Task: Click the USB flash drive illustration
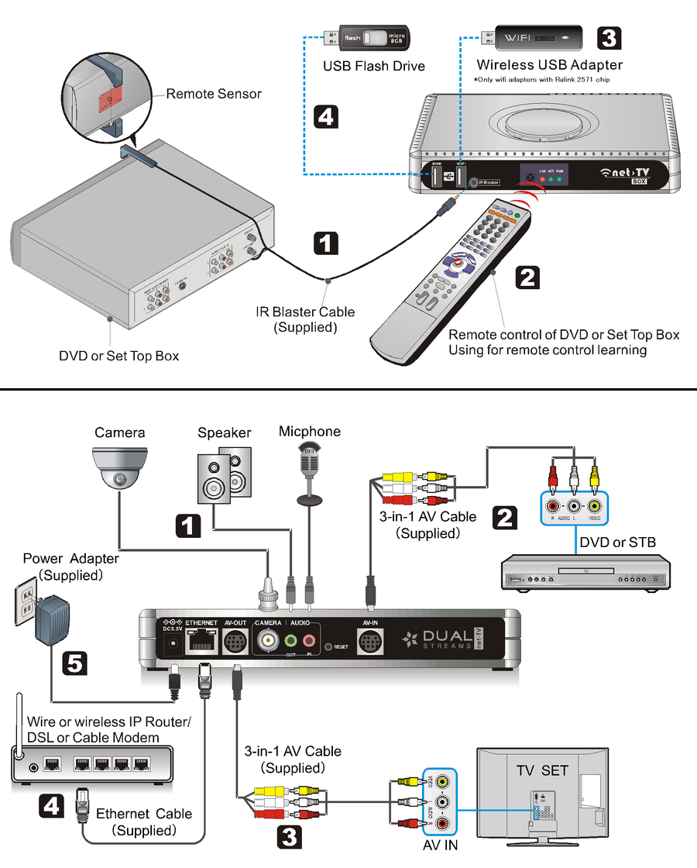[x=373, y=37]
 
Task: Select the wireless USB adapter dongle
[x=535, y=36]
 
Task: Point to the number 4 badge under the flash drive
[x=326, y=117]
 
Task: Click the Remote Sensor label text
[x=214, y=94]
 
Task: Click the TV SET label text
[x=542, y=770]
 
